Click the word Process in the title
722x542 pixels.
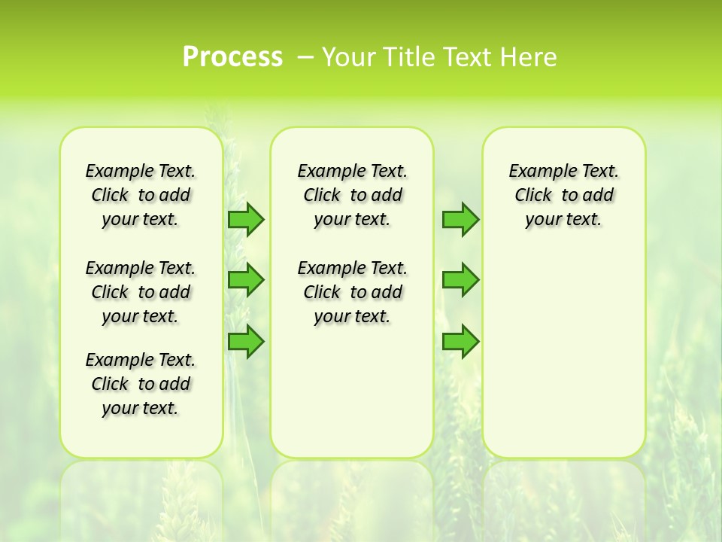coord(232,57)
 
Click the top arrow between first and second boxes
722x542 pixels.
coord(246,219)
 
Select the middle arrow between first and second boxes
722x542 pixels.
coord(246,280)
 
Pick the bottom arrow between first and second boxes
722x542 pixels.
coord(246,341)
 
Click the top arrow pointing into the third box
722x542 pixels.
coord(460,219)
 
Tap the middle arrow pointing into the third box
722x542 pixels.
coord(460,280)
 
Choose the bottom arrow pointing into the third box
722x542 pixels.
coord(460,341)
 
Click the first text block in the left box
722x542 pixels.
coord(141,195)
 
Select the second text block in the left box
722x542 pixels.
coord(141,292)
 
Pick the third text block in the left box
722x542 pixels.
coord(141,384)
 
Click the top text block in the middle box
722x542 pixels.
coord(352,195)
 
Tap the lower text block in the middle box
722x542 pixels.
coord(352,292)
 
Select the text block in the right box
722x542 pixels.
coord(563,195)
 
